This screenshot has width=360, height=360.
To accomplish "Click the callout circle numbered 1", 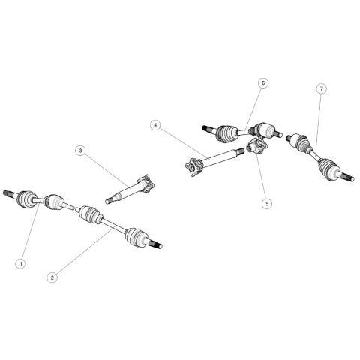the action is coord(21,263).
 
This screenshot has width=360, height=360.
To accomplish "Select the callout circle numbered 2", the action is coord(52,277).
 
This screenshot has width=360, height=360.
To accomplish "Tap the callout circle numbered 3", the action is coord(80,151).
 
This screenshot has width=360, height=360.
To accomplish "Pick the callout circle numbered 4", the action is coord(155,125).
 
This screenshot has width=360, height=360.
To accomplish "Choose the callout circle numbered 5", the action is coord(267,204).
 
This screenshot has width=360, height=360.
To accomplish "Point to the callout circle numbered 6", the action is coord(263,83).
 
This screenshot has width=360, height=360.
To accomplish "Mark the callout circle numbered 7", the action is coord(322,88).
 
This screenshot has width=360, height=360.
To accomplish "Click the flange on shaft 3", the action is coord(146,184).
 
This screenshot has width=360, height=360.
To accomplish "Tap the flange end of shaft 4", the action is coord(193,167).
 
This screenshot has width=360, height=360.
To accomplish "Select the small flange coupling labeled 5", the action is coord(256,146).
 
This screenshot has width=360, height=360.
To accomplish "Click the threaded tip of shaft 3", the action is coord(109,201).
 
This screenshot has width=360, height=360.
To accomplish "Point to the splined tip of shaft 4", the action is coord(241,151).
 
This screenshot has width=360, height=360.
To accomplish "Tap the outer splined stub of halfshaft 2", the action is coord(155,244).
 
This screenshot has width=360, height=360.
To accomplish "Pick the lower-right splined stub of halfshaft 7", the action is coord(348,176).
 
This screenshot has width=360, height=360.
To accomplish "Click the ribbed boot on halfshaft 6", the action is coord(227,133).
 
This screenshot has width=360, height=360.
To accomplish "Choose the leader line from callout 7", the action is coord(319,122).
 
